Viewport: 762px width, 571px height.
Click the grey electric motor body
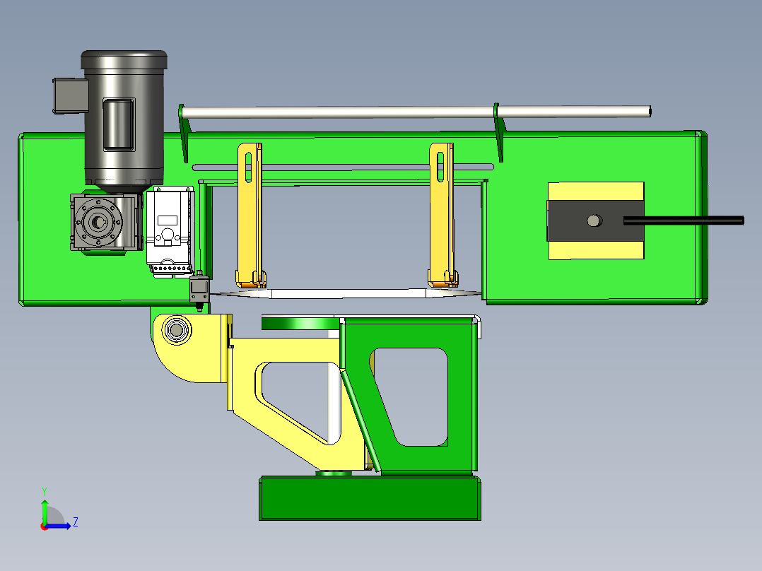click(x=124, y=119)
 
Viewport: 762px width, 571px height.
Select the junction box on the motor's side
click(x=70, y=95)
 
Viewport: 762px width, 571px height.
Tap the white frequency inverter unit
click(x=170, y=232)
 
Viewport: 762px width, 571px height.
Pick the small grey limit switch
click(x=199, y=290)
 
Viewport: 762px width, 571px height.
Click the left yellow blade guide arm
click(x=250, y=215)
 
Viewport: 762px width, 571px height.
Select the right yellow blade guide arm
click(x=442, y=215)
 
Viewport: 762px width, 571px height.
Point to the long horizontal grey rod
click(x=416, y=112)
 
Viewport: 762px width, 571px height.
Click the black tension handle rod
click(x=684, y=220)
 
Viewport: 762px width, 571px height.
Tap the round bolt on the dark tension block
click(x=594, y=221)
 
